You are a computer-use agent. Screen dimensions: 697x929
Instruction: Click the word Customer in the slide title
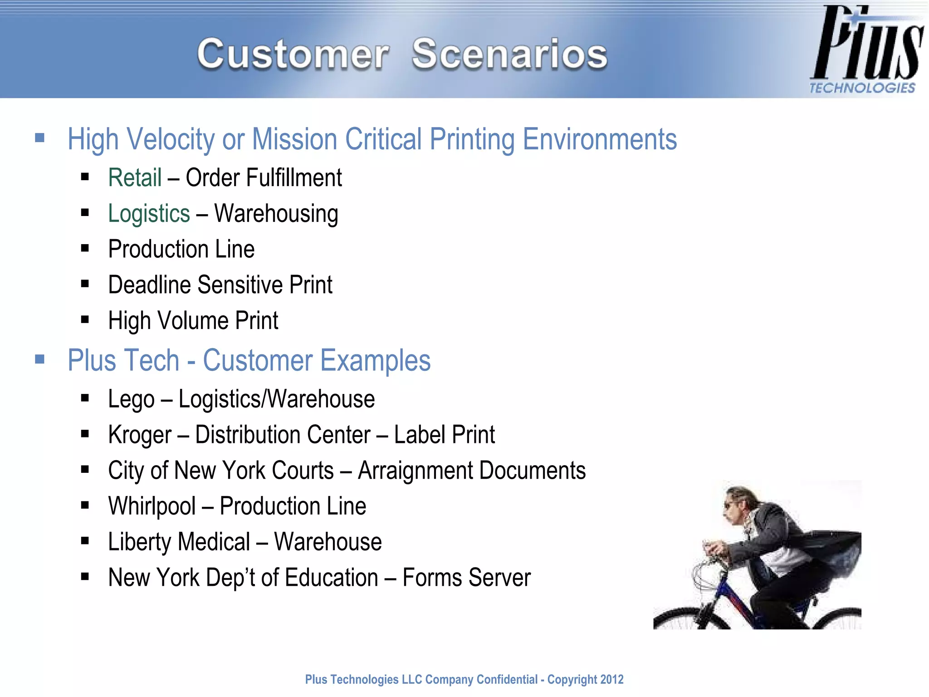click(293, 54)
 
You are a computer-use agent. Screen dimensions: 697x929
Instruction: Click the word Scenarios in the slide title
click(509, 54)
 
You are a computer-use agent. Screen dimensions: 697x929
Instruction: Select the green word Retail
click(135, 177)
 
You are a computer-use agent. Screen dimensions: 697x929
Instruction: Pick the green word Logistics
click(149, 214)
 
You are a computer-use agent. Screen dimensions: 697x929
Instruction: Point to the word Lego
click(131, 399)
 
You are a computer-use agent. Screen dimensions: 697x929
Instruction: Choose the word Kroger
click(140, 435)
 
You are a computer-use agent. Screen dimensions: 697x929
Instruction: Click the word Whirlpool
click(152, 506)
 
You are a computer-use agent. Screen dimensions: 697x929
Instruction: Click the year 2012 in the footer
click(612, 679)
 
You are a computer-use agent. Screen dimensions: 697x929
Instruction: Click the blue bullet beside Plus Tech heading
click(40, 360)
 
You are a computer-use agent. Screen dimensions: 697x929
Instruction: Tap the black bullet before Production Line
click(85, 249)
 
